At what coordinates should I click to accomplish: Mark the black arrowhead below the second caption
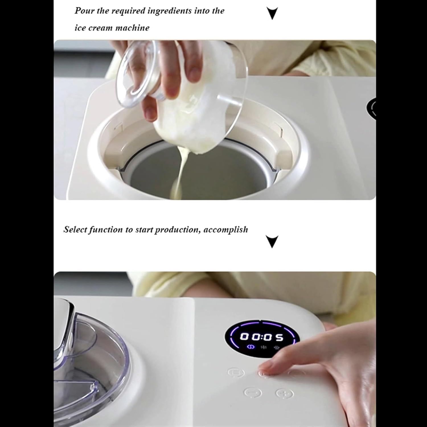272,241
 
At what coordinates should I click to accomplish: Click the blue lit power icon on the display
251,347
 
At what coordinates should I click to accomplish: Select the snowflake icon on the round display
264,347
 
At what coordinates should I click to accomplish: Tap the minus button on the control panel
253,393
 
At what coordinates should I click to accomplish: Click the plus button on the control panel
284,393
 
